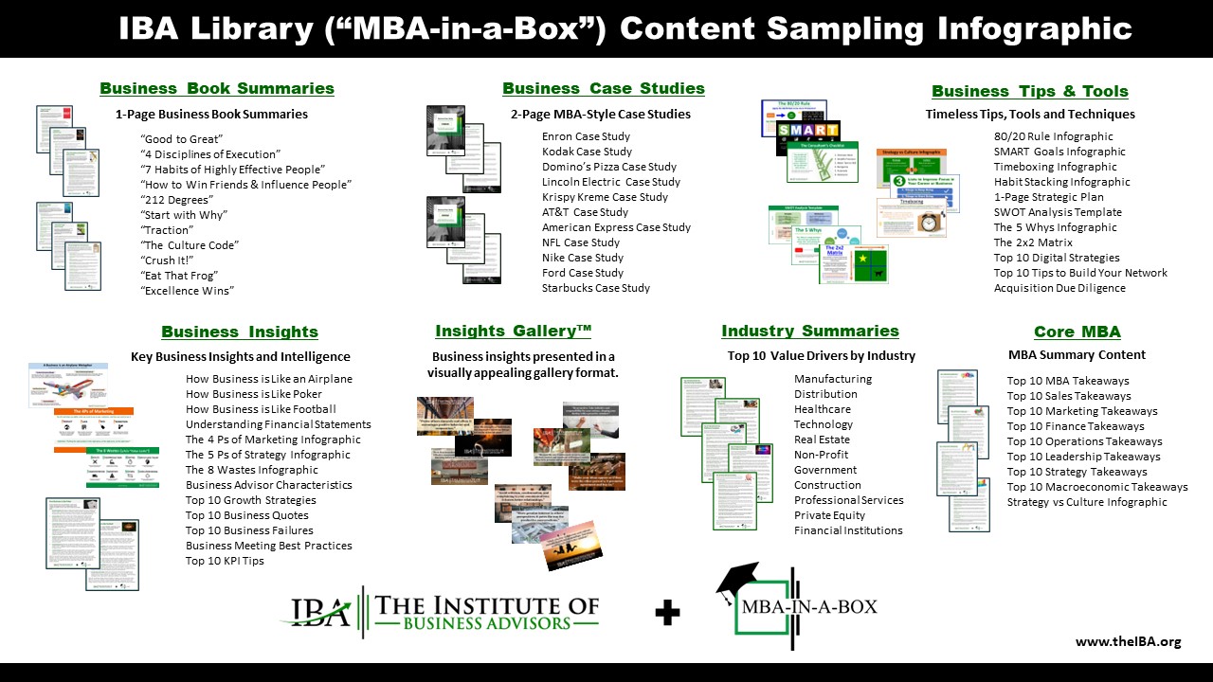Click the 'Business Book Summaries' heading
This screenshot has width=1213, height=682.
point(217,88)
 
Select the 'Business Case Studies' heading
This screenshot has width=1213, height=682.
point(604,88)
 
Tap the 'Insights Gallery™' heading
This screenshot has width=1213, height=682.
point(514,331)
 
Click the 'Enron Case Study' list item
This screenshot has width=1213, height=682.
point(586,136)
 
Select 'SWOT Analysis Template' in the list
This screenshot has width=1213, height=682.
point(1058,212)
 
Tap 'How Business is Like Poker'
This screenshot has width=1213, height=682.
point(254,394)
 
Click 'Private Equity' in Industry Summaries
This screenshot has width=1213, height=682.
point(829,515)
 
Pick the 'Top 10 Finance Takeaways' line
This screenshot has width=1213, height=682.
point(1076,426)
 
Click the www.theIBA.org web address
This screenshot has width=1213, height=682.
point(1129,641)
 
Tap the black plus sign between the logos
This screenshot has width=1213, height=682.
point(667,614)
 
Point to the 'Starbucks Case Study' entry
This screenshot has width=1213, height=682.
point(596,288)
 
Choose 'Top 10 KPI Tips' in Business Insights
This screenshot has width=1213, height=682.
point(225,561)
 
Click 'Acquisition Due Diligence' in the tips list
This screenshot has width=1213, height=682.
point(1059,288)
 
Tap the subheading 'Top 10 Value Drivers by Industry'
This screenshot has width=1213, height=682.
point(822,356)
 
